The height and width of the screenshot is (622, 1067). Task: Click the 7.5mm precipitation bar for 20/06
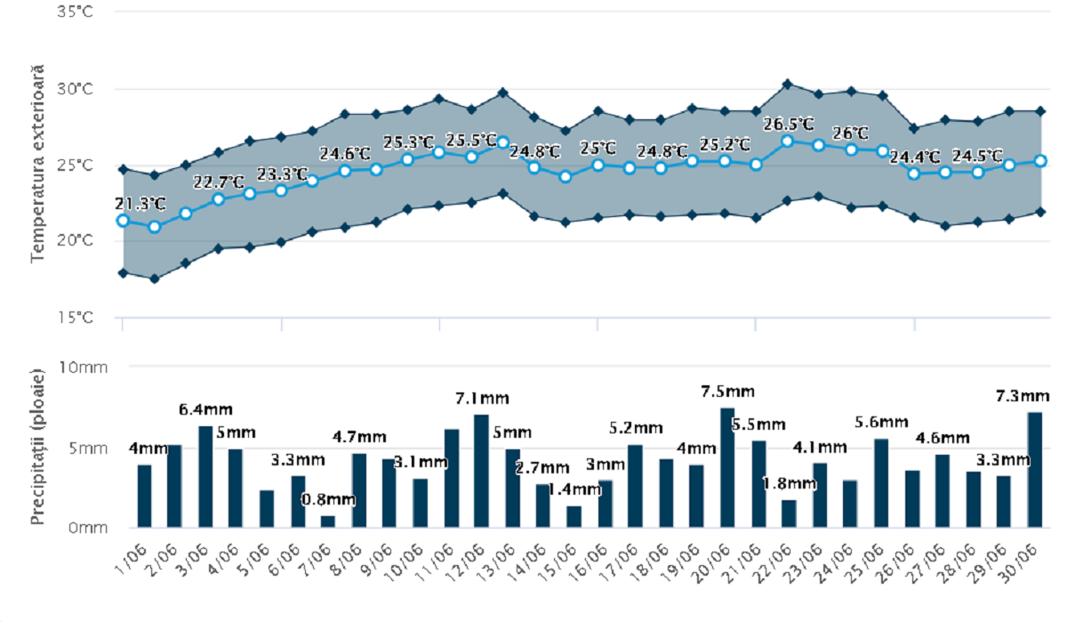(x=727, y=467)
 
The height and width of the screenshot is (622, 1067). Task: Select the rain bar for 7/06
(x=328, y=521)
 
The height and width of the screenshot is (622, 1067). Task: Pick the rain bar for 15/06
(x=574, y=517)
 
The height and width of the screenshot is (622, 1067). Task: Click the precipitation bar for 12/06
(x=481, y=471)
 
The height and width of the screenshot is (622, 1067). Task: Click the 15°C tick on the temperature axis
(x=76, y=317)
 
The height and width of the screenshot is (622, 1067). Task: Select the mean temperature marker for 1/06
(x=124, y=221)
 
